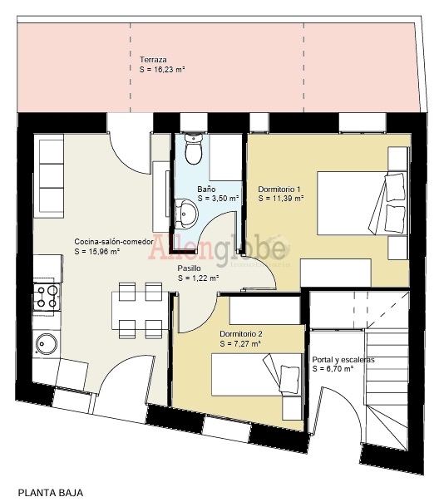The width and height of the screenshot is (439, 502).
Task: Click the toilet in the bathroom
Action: pos(194,149)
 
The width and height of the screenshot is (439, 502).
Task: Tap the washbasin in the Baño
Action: pos(186,214)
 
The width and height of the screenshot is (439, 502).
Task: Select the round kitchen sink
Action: pos(47,344)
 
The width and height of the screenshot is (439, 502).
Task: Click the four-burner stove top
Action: pos(47,297)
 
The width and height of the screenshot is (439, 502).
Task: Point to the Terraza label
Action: pos(153,60)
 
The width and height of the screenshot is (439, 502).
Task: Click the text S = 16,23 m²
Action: pos(162,70)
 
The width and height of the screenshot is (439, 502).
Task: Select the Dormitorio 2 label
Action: pos(241,334)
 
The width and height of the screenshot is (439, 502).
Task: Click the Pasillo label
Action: pos(190,268)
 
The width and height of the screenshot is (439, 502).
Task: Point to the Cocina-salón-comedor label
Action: pos(114,242)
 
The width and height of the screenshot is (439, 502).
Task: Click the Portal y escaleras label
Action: pos(343,360)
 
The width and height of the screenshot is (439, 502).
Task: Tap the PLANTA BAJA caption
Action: pos(51,492)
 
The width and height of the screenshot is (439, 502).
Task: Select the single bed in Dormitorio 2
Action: pos(257,375)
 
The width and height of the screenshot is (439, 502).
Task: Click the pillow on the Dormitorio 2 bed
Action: pos(290,379)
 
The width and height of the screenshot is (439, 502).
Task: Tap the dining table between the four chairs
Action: pos(140,310)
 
